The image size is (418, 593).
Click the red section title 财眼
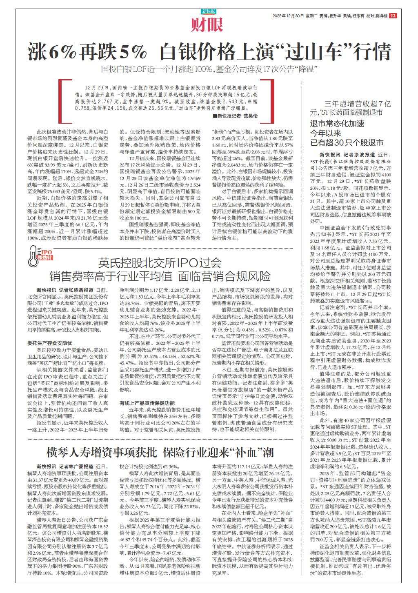(x=208, y=26)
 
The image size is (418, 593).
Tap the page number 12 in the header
(x=393, y=16)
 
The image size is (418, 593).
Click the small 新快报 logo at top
(x=209, y=11)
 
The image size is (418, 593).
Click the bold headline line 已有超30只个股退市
(x=347, y=142)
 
